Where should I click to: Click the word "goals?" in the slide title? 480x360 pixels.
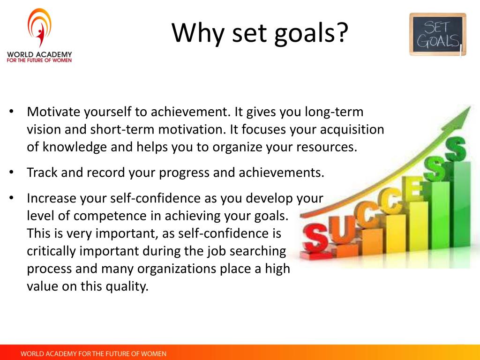(311, 34)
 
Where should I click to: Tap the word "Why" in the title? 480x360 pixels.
(198, 34)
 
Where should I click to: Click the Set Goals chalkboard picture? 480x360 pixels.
(438, 34)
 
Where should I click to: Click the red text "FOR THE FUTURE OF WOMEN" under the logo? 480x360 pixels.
(39, 60)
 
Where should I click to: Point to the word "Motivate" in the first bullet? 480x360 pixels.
(53, 112)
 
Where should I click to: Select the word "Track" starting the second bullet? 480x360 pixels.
(42, 172)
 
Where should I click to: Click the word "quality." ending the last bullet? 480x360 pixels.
(127, 286)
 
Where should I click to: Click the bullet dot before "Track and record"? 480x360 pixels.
(11, 172)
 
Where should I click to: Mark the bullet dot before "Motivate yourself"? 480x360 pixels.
(11, 111)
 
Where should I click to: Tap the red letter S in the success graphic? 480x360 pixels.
(315, 238)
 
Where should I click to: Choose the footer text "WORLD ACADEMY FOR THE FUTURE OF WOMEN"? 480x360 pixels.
(93, 354)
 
